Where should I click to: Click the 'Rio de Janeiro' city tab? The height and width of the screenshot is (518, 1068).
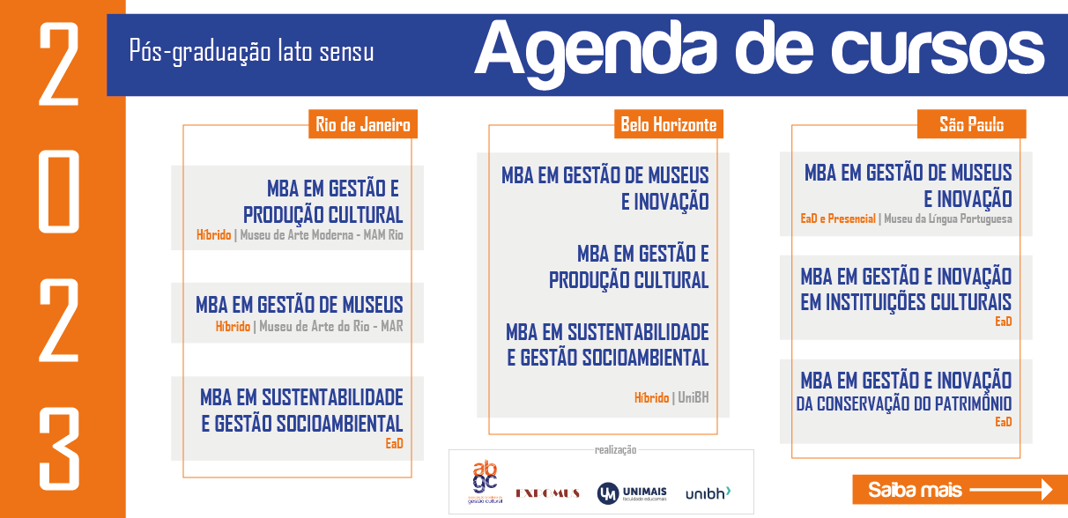coord(363,124)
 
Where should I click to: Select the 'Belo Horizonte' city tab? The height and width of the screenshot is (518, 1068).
coord(669,124)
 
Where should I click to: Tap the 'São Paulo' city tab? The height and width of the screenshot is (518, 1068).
coord(972,124)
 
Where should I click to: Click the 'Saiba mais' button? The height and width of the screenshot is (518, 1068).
coord(960,490)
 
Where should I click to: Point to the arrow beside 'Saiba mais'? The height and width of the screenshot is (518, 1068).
coord(1011,490)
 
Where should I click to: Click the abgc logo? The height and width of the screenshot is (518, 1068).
coord(485,482)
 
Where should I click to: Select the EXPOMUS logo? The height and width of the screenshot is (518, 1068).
coord(547,493)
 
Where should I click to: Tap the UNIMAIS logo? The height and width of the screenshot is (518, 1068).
coord(632,493)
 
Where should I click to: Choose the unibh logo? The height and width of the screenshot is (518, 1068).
coord(708,493)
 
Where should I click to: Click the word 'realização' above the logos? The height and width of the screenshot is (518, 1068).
coord(615,450)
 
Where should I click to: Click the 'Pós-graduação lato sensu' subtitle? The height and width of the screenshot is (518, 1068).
coord(251,51)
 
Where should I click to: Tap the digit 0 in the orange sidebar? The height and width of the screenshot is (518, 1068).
coord(59,191)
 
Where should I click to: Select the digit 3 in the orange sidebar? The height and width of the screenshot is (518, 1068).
coord(59,449)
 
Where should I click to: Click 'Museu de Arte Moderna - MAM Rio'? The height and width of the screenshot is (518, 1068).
coord(322,235)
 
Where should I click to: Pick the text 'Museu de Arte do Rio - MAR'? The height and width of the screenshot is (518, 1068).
coord(331,327)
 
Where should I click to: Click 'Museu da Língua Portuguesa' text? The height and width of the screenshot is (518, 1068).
coord(948,218)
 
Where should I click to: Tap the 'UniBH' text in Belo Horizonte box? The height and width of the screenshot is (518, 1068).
coord(693,397)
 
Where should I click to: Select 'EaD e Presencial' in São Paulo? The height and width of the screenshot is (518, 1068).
coord(838,218)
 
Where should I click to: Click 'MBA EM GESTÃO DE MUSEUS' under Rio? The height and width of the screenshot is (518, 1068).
coord(300,305)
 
